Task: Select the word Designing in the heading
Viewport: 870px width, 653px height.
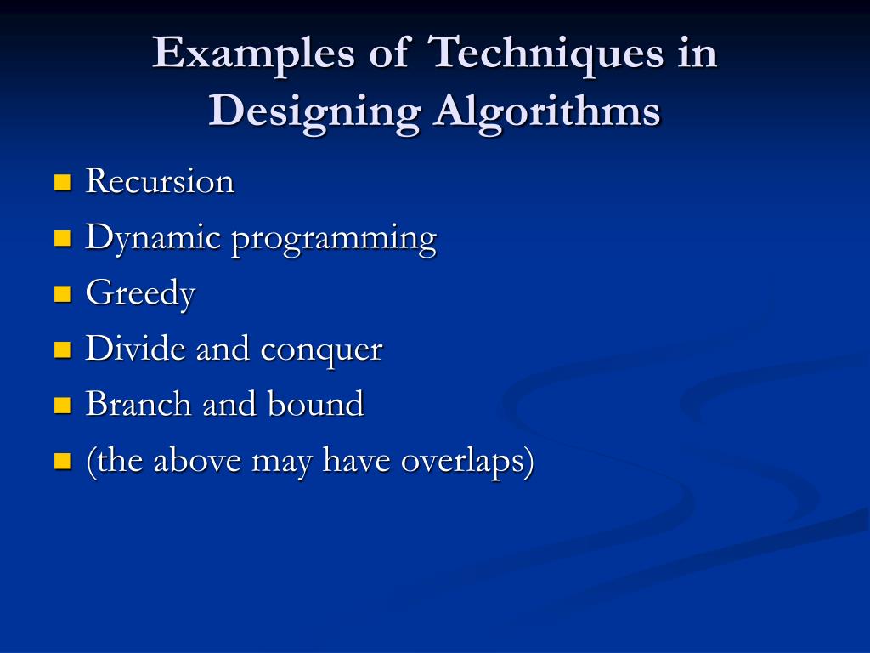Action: [314, 111]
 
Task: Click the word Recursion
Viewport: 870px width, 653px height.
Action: [160, 181]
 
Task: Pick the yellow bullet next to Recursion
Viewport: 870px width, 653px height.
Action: [61, 182]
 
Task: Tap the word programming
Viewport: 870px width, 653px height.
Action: [334, 239]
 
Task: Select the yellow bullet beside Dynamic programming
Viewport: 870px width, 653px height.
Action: [61, 238]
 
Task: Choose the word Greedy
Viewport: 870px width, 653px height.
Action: [140, 294]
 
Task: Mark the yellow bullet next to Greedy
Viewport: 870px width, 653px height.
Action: [61, 294]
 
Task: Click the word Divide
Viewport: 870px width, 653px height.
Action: [136, 349]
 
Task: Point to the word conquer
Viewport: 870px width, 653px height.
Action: [321, 350]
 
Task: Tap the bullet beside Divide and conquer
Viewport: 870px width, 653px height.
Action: [61, 349]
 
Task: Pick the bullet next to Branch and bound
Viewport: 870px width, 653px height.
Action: [61, 405]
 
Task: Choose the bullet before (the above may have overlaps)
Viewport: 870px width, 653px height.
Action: [61, 461]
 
